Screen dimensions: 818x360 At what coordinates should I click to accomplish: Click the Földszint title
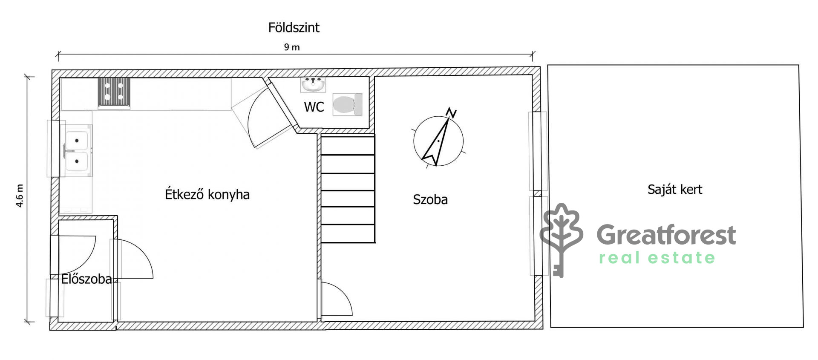(294, 28)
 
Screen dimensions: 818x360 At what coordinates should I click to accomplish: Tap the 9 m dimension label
(292, 47)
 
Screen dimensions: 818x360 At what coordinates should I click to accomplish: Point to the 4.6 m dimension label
(20, 196)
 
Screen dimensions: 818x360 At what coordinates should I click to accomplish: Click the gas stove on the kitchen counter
(114, 92)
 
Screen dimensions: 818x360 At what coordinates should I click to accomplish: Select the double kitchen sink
(77, 151)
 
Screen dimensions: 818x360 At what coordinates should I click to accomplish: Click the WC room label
(314, 107)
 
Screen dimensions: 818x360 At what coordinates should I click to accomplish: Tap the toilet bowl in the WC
(347, 104)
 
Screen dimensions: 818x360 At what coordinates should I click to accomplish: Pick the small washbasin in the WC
(313, 84)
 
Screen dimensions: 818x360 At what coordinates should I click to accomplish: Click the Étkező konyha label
(207, 194)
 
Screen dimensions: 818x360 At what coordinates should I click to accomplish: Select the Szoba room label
(430, 199)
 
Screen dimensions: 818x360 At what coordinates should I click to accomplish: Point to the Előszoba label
(86, 279)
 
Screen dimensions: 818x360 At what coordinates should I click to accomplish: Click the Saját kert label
(675, 190)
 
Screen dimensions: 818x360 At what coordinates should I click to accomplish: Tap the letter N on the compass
(451, 112)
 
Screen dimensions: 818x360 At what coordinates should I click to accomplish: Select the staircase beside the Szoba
(348, 189)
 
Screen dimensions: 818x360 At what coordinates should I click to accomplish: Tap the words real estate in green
(657, 258)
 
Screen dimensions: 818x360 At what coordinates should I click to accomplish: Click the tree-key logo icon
(561, 240)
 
